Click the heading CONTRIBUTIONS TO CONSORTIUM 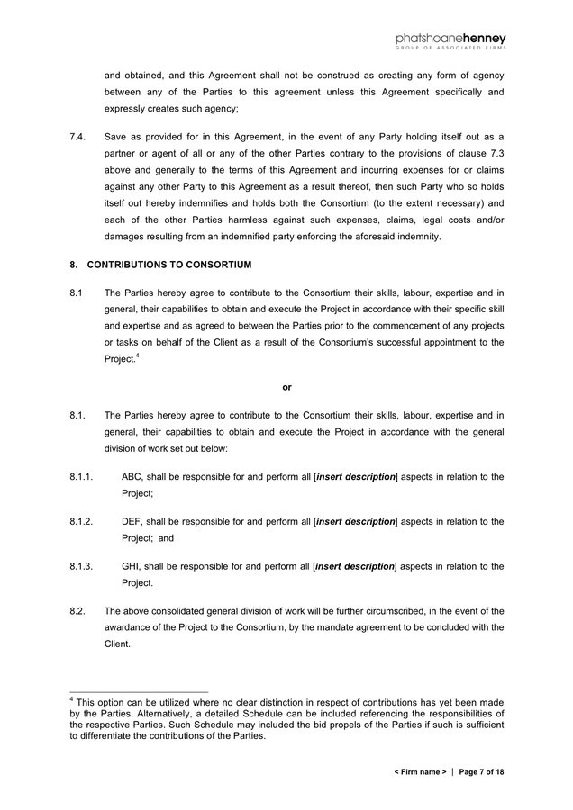tap(168, 265)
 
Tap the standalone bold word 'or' tap(286, 387)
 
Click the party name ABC tap(132, 476)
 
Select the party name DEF tap(132, 521)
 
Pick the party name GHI tap(132, 566)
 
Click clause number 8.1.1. tap(81, 476)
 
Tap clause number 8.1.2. tap(81, 521)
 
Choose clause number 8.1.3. tap(81, 566)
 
